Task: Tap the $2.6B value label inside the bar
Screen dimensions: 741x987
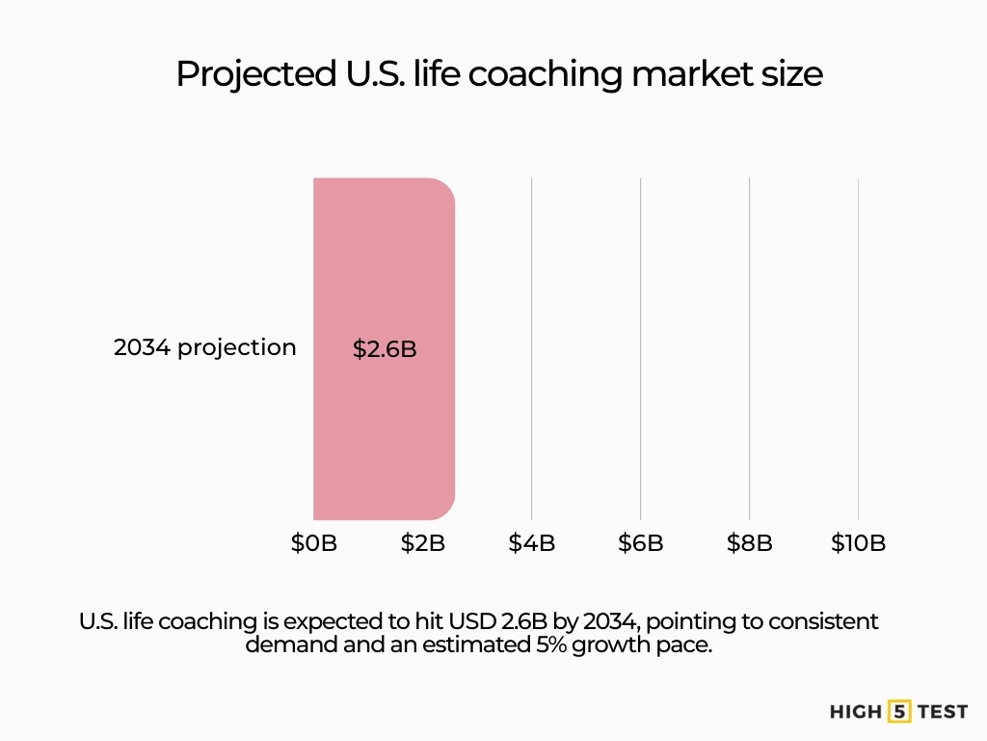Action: coord(385,349)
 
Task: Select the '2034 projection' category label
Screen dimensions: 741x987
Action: coord(204,347)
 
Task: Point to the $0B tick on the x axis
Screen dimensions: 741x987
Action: coord(313,543)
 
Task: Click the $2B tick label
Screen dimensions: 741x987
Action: coord(422,543)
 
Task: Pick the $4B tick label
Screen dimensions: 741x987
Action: coord(531,543)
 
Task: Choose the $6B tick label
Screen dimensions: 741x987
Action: coord(640,543)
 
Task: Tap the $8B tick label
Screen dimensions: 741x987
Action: coord(749,543)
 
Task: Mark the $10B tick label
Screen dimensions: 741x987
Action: coord(858,543)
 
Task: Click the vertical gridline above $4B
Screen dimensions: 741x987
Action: coord(531,347)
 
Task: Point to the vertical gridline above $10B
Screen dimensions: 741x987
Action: coord(858,347)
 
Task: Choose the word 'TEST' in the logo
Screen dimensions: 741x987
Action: coord(942,712)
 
